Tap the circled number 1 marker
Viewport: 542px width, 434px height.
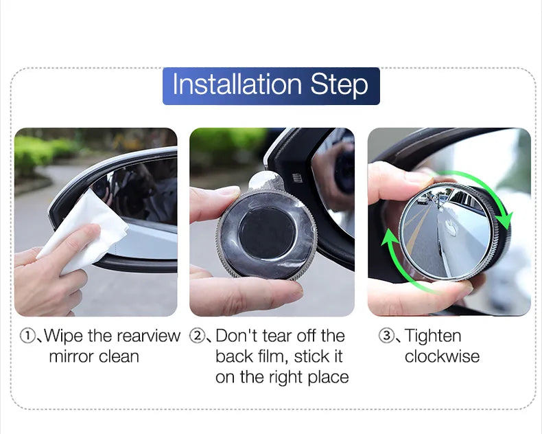(27, 336)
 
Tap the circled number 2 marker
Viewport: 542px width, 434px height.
(198, 336)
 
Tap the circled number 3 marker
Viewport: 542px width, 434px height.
(386, 336)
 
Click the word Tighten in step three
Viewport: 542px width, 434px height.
(433, 336)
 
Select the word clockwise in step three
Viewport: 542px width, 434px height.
(442, 357)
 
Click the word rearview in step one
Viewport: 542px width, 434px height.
(148, 336)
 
